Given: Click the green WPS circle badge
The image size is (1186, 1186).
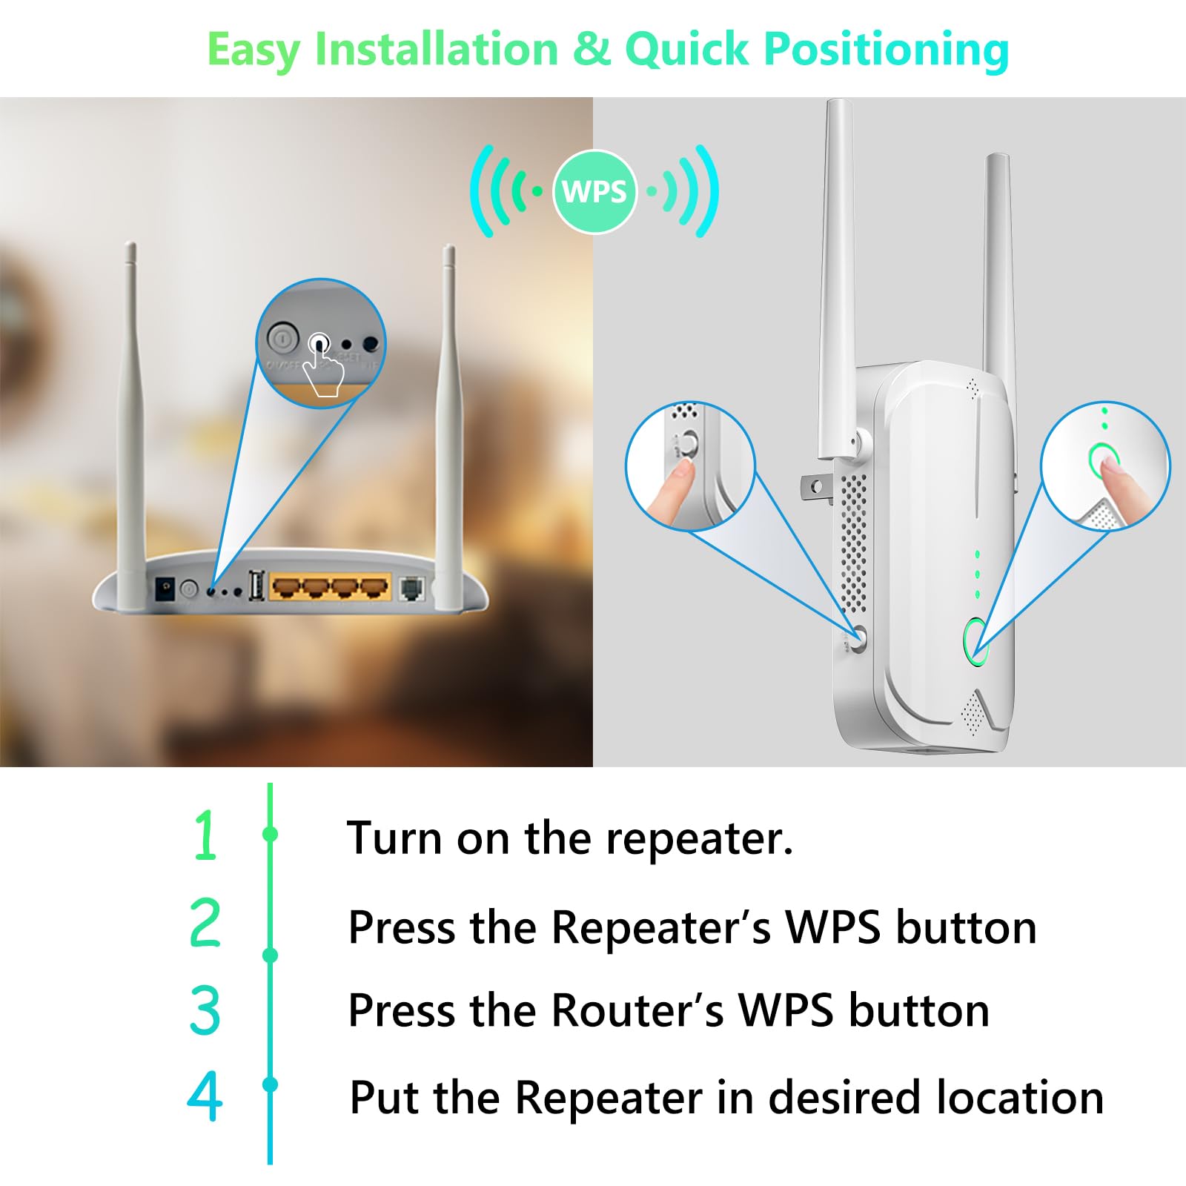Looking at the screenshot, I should point(594,192).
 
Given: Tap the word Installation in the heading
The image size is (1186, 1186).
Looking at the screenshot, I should point(436,50).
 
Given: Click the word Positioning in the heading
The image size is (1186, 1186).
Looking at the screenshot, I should point(886,50).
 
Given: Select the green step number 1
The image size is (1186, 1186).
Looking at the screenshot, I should point(205,835).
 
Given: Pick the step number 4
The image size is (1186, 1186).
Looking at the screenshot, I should point(205,1096).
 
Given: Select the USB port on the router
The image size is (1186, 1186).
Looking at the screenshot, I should point(256,586).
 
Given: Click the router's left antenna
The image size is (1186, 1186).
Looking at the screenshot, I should point(131,423).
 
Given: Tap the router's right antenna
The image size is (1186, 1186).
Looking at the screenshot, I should point(448,423).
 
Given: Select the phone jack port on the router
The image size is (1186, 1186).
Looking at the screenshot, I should point(411,589).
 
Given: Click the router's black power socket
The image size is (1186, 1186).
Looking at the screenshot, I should point(165,590).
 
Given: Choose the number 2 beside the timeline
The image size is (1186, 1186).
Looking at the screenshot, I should point(205,923).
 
